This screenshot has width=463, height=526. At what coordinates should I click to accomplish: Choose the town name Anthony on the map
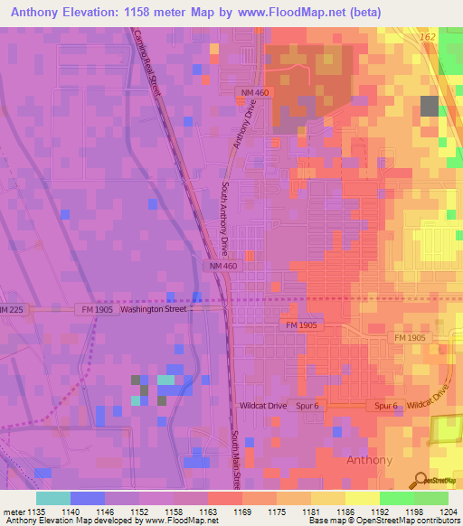click(370, 460)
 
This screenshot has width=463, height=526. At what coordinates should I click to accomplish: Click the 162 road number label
click(428, 35)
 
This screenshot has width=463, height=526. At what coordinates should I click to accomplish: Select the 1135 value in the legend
click(35, 512)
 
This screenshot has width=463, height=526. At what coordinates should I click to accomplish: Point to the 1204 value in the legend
click(447, 512)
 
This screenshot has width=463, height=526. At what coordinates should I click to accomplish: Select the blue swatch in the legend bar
click(87, 498)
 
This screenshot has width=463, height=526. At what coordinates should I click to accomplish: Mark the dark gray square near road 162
click(429, 106)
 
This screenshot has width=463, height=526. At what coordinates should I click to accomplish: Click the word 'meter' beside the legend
click(13, 512)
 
